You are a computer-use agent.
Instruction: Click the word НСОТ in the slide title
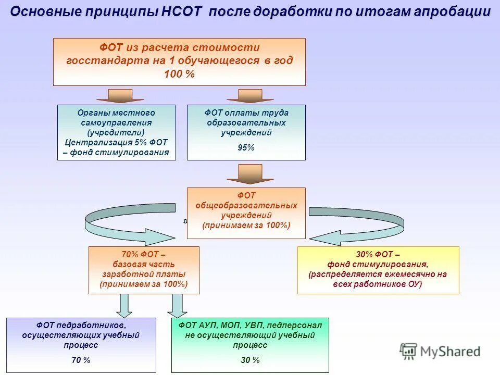[x=182, y=12]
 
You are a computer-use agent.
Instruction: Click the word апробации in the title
[x=452, y=12]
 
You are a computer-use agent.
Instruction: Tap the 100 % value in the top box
[x=179, y=74]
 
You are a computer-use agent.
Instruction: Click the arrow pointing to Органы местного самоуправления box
[x=121, y=95]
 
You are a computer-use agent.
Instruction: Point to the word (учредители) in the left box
[x=116, y=132]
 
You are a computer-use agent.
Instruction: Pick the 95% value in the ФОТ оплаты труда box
[x=246, y=147]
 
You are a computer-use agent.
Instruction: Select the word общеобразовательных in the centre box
[x=246, y=205]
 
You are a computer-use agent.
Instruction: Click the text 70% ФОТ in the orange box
[x=143, y=255]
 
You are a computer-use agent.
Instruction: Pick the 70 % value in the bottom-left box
[x=81, y=360]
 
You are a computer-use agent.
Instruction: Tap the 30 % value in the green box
[x=250, y=360]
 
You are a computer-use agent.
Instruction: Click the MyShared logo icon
[x=409, y=351]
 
